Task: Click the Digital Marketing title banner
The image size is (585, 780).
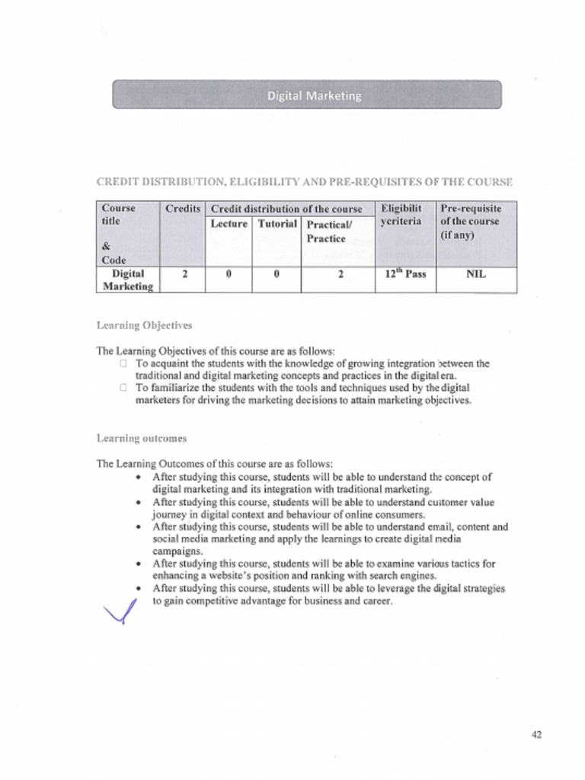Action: click(x=307, y=95)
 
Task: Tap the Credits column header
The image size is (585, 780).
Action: click(x=183, y=209)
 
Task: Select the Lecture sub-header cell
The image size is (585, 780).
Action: click(x=229, y=224)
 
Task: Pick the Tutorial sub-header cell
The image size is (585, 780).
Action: click(x=277, y=224)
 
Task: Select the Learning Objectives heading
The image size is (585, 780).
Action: click(x=144, y=325)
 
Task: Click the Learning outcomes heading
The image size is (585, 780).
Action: click(x=141, y=438)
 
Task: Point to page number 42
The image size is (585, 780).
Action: click(x=536, y=734)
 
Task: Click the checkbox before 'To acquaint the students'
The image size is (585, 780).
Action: click(x=123, y=364)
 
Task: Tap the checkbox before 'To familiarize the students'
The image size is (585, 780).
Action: click(x=123, y=388)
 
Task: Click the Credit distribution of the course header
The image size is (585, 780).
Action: click(x=286, y=209)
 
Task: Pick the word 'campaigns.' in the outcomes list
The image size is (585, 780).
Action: click(x=177, y=551)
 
